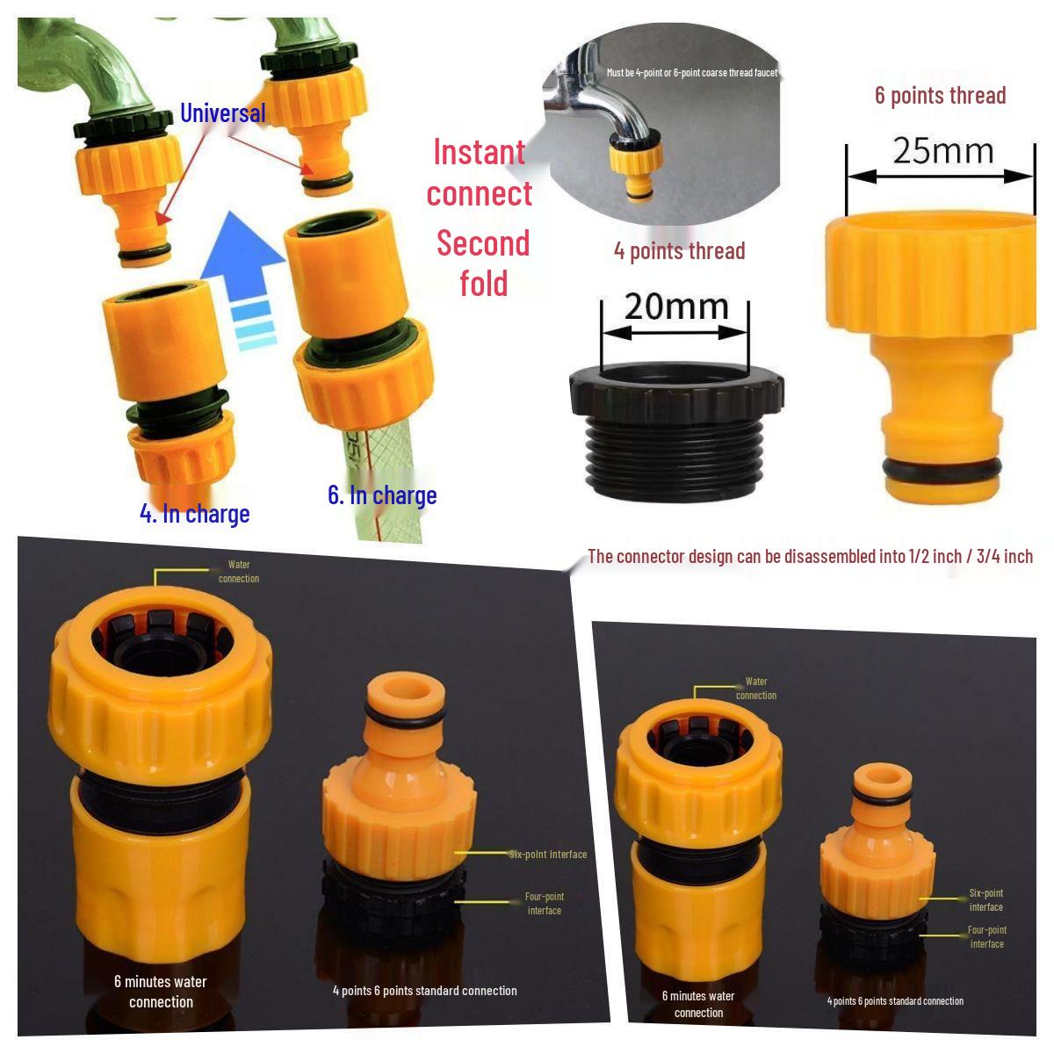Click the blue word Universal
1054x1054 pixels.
pyautogui.click(x=222, y=113)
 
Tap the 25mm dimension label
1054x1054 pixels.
pyautogui.click(x=942, y=151)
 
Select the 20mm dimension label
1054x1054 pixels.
pyautogui.click(x=676, y=307)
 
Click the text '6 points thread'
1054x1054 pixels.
pyautogui.click(x=940, y=95)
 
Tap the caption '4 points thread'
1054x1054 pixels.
pyautogui.click(x=679, y=251)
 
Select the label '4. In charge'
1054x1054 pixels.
pyautogui.click(x=195, y=513)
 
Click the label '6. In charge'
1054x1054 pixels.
pyautogui.click(x=382, y=495)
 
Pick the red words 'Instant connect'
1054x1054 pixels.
pyautogui.click(x=480, y=173)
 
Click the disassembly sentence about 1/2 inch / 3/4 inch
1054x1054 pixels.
pyautogui.click(x=809, y=556)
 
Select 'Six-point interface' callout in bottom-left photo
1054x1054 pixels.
pyautogui.click(x=547, y=854)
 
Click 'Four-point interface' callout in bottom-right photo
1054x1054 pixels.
pyautogui.click(x=986, y=936)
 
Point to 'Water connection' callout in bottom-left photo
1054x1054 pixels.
pyautogui.click(x=238, y=571)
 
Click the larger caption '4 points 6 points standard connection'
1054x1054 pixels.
pyautogui.click(x=424, y=991)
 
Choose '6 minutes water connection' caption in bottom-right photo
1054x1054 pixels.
pyautogui.click(x=698, y=1004)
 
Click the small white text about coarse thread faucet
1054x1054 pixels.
pyautogui.click(x=691, y=73)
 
